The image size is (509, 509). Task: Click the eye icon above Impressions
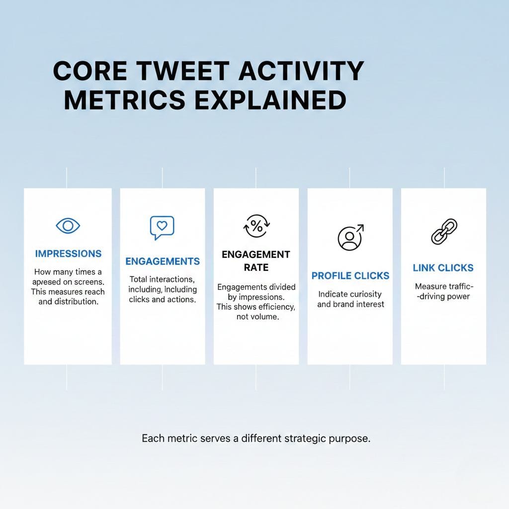(x=68, y=226)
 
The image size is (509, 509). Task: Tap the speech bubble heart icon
(x=162, y=227)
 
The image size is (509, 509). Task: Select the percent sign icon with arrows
(x=256, y=226)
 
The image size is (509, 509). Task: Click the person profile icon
(x=350, y=237)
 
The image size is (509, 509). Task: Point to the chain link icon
(x=443, y=231)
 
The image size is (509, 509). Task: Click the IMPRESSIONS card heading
(x=68, y=254)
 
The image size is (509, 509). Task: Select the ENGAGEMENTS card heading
(x=163, y=261)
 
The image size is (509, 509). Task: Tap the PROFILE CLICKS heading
(x=350, y=276)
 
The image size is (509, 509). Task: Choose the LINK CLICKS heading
(x=443, y=268)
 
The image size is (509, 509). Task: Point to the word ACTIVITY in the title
(x=301, y=72)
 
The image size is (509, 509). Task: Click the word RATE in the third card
(x=256, y=268)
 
